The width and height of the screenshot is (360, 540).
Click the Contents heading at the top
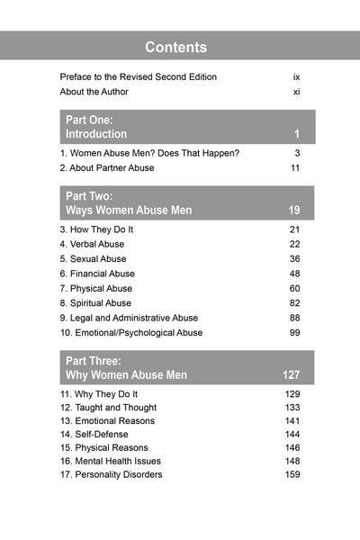click(176, 47)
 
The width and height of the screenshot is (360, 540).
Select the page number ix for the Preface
click(296, 76)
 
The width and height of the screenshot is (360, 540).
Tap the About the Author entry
click(94, 92)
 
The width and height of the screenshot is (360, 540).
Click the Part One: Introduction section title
click(96, 127)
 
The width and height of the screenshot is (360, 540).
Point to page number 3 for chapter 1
click(296, 154)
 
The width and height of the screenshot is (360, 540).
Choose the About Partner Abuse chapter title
click(107, 168)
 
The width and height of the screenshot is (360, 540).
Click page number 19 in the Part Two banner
click(293, 211)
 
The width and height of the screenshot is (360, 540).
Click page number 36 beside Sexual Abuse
click(293, 259)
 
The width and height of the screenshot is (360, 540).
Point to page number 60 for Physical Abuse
click(293, 289)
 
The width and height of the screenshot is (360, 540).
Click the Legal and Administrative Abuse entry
click(129, 318)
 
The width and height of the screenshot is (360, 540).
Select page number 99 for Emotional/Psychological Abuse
click(293, 333)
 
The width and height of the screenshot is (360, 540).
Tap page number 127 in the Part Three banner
click(290, 374)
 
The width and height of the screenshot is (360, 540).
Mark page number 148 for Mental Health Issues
click(292, 461)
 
